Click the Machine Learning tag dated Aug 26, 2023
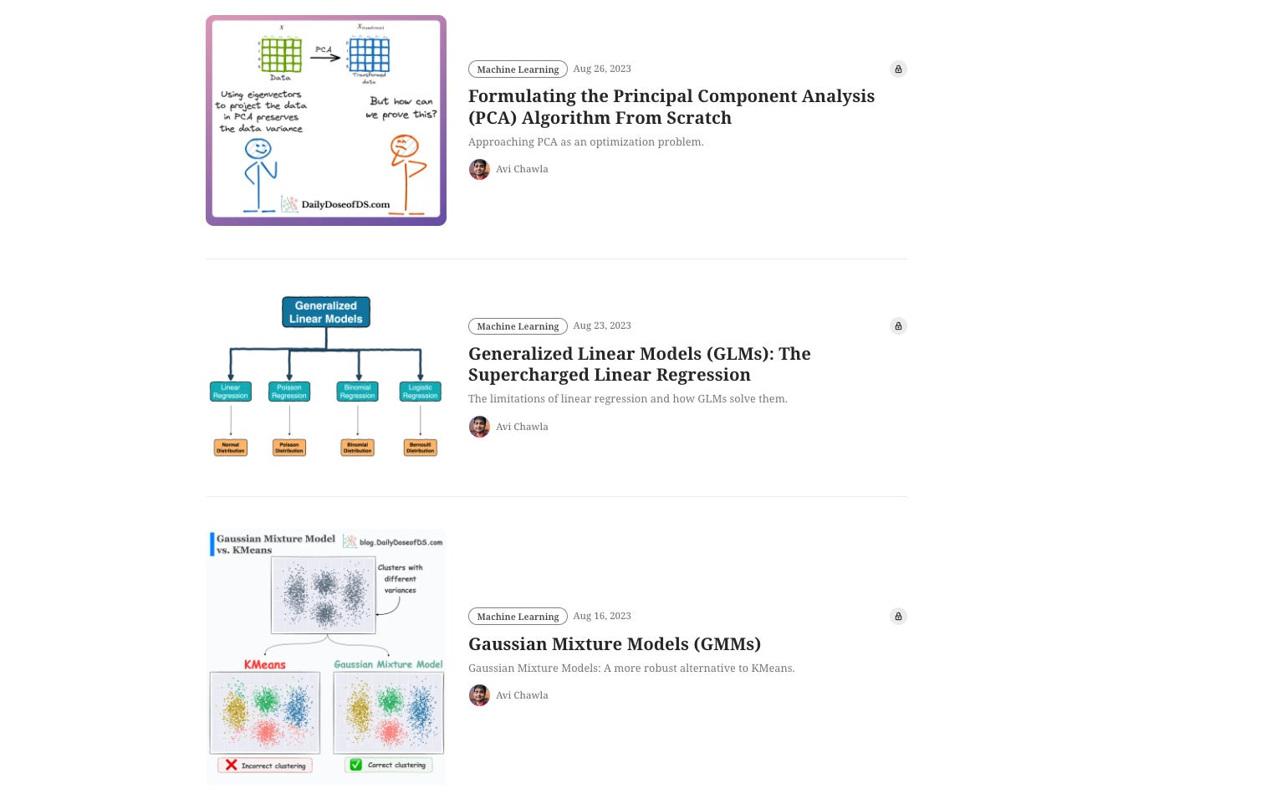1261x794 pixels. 518,69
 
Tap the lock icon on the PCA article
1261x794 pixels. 898,69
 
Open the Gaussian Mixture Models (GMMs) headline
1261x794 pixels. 614,644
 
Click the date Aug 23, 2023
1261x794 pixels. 602,325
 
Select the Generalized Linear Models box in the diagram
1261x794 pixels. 326,312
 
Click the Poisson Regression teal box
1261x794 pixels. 289,392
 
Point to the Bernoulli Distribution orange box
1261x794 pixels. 420,448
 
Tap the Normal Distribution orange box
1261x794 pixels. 230,448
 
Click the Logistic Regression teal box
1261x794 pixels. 420,392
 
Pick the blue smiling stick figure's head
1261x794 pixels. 258,149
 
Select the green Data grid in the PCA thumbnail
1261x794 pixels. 281,55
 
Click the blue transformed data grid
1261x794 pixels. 369,55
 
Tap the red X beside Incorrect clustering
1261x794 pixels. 232,765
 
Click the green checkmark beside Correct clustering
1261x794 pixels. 355,765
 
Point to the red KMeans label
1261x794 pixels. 264,664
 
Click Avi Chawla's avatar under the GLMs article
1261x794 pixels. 479,427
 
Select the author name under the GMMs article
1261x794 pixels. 522,695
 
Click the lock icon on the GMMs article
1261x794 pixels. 898,617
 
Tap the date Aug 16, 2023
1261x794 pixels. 602,616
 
